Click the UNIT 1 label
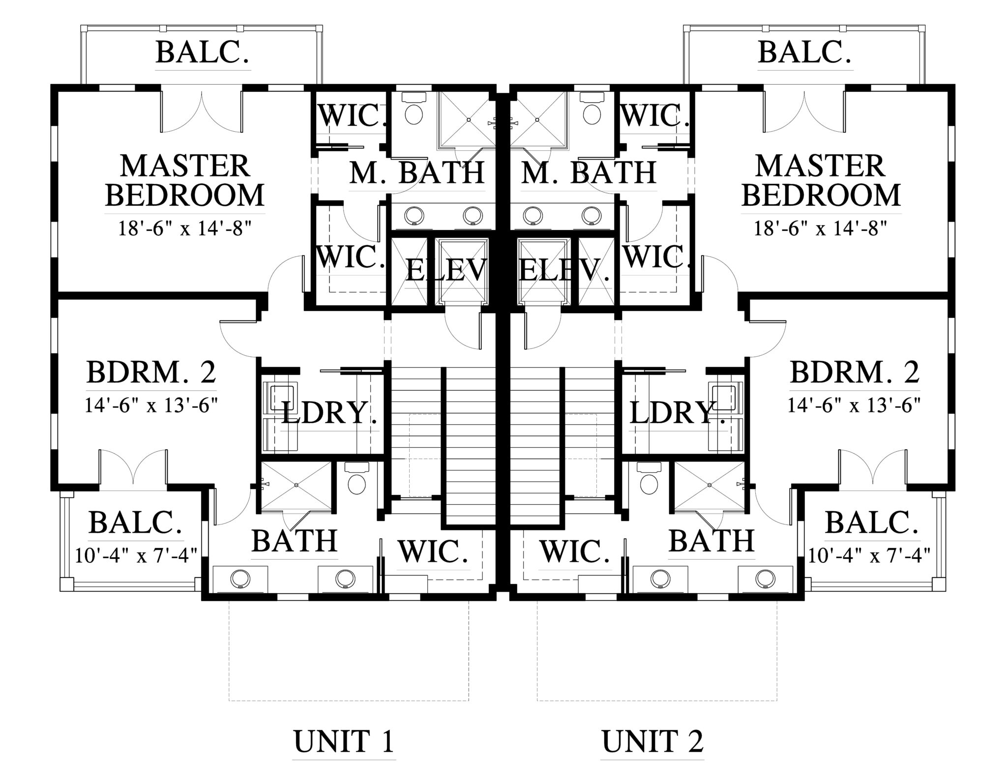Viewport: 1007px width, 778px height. tap(344, 742)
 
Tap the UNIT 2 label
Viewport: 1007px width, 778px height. tap(652, 742)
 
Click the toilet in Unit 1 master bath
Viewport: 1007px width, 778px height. tap(414, 109)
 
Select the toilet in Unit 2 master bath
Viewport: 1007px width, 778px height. tap(592, 109)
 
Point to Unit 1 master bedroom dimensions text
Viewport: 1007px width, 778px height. tap(185, 228)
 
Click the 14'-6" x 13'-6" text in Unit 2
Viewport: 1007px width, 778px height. tap(855, 405)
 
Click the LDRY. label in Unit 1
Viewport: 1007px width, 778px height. tap(330, 413)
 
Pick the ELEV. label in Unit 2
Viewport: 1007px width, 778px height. tap(564, 270)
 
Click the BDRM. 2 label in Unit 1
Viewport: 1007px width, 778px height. tap(151, 373)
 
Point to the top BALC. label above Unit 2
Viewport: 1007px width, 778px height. tap(805, 53)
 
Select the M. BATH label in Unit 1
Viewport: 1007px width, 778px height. tap(417, 173)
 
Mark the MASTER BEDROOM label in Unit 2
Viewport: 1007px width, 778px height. tap(821, 180)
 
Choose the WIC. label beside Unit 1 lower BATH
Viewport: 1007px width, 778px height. tap(433, 551)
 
